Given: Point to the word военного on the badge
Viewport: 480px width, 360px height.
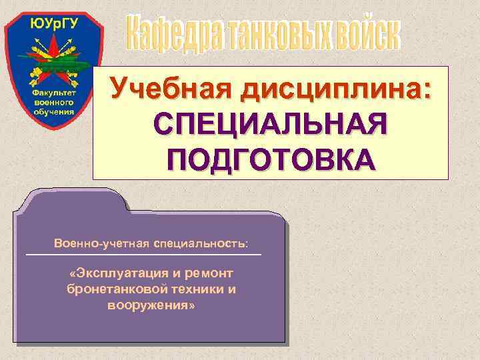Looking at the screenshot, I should [54, 103].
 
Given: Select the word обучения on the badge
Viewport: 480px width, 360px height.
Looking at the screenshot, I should [54, 111].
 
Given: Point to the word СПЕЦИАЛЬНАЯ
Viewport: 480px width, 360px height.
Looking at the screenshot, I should [271, 125].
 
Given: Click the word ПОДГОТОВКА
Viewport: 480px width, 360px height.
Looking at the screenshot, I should [271, 159].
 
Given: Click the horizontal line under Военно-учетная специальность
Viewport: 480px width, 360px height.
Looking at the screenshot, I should [143, 255].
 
